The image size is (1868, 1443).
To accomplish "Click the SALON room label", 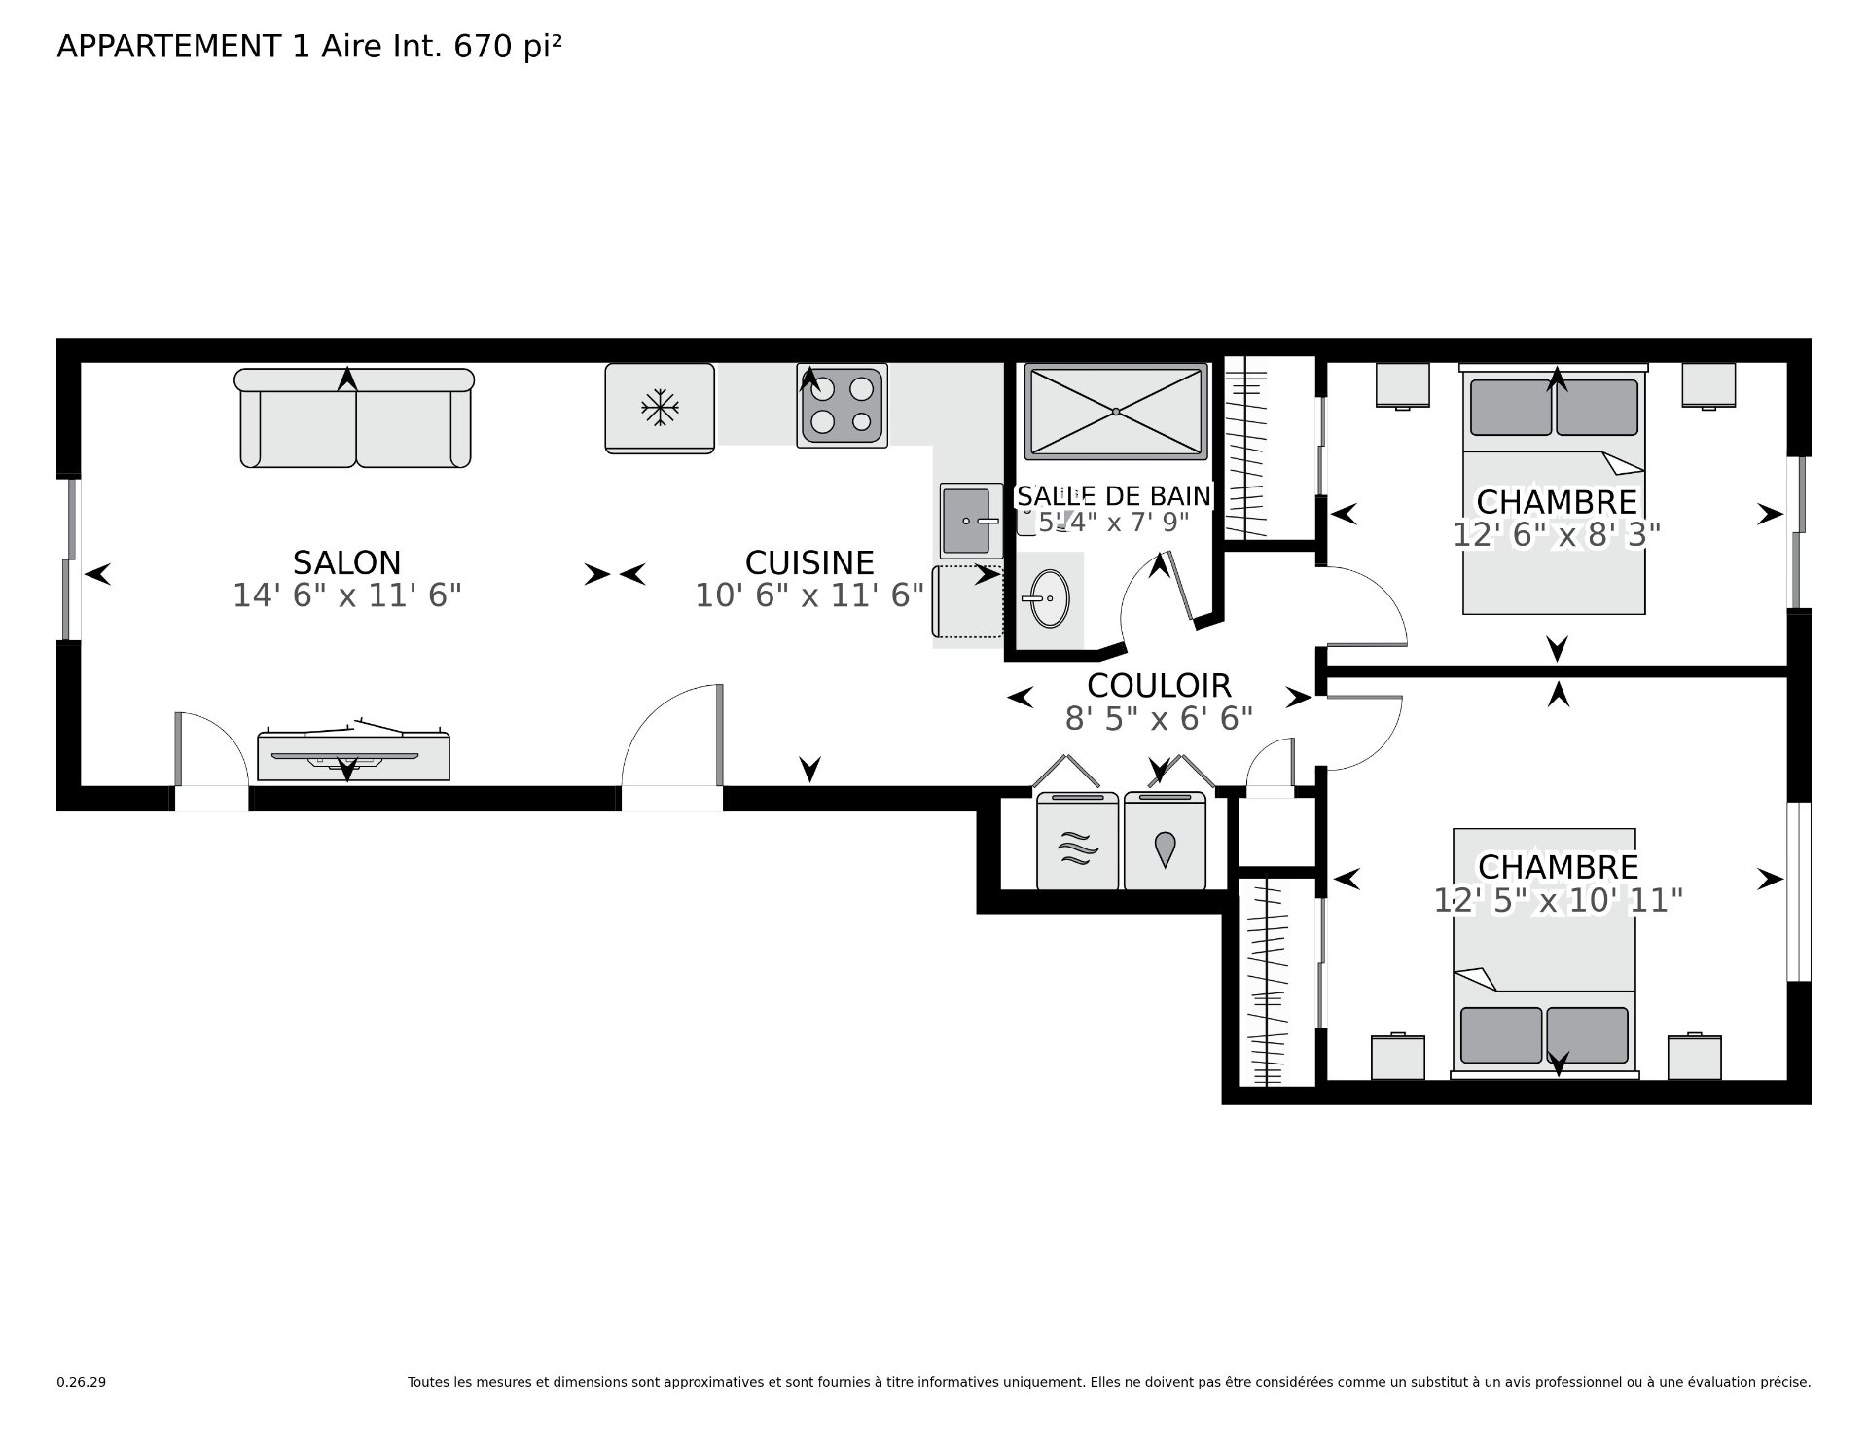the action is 346,562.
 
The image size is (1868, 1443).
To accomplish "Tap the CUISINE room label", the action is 809,562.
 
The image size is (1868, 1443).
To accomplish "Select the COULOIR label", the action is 1159,685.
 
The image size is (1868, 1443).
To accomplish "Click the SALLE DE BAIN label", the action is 1114,496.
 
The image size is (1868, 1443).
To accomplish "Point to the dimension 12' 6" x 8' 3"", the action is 1557,535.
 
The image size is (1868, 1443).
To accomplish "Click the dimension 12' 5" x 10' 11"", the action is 1558,900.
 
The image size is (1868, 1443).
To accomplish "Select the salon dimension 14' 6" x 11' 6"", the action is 346,595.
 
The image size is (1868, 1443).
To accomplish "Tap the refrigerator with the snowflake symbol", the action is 660,408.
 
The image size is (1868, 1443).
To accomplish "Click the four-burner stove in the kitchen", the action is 842,406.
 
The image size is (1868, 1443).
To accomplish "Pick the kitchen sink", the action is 971,521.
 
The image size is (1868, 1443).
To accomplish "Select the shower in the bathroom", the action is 1116,411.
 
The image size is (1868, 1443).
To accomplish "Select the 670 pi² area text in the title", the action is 507,47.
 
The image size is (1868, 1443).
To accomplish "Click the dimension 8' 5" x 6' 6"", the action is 1159,719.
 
